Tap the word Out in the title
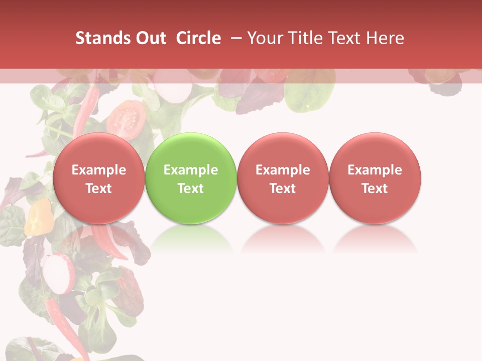click(149, 38)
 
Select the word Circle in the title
click(198, 38)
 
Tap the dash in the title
click(236, 38)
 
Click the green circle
click(190, 177)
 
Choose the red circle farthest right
click(375, 177)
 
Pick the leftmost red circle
click(98, 177)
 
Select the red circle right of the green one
click(283, 177)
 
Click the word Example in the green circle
click(191, 170)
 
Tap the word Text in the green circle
click(191, 189)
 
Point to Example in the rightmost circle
click(375, 170)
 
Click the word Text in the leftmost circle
click(98, 189)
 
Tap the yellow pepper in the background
click(39, 217)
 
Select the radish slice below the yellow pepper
click(58, 274)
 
